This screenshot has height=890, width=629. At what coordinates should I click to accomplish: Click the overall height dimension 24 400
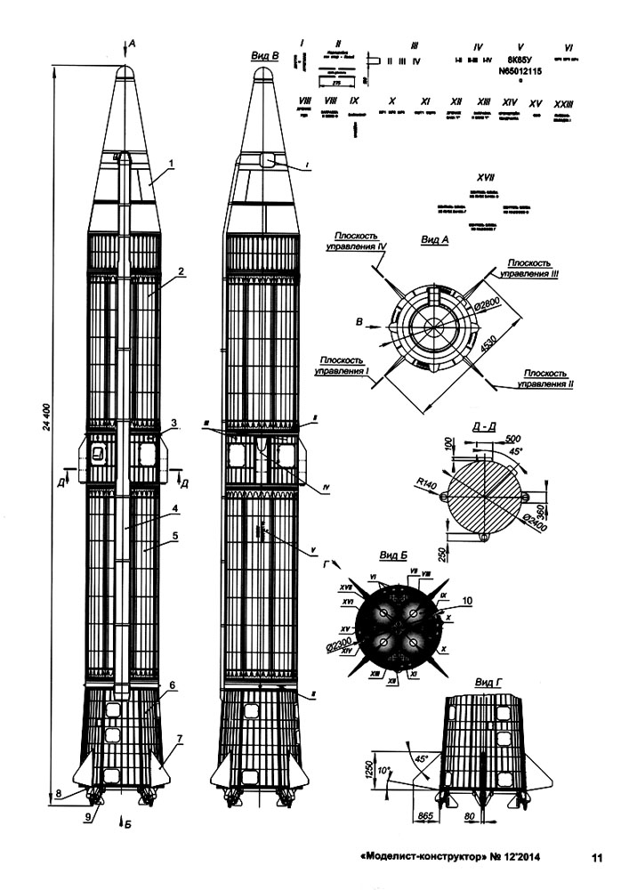click(x=47, y=428)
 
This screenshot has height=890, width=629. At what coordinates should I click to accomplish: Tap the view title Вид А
click(x=433, y=240)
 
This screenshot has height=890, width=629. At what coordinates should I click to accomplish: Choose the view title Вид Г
click(x=489, y=682)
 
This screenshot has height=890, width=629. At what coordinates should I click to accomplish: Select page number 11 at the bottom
click(x=597, y=858)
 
